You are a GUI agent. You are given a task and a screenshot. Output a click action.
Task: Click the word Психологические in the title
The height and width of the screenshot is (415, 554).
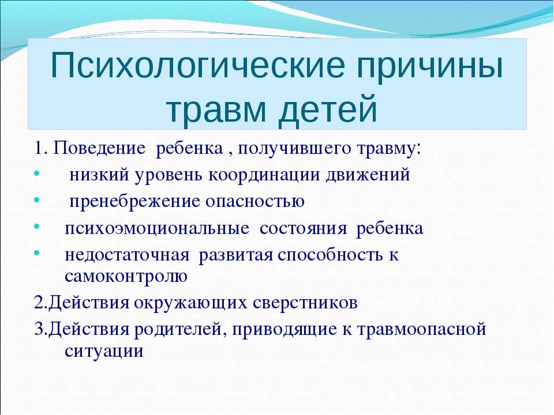(198, 66)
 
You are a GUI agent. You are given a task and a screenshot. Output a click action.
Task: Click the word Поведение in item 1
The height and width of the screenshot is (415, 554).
(99, 148)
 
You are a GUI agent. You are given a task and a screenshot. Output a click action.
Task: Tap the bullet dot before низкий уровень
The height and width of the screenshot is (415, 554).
(37, 173)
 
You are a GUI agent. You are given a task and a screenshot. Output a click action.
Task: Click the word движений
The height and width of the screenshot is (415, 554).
(368, 175)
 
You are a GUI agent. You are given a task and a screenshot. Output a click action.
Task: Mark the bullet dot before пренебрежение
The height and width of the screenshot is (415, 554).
(37, 200)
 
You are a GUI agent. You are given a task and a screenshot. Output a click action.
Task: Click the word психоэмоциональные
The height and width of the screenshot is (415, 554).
(157, 229)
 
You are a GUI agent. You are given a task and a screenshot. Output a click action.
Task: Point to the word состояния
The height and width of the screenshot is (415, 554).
(303, 229)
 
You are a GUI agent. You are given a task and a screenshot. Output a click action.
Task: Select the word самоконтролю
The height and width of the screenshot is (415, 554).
(126, 277)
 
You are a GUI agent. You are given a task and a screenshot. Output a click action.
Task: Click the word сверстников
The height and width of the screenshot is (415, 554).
(305, 303)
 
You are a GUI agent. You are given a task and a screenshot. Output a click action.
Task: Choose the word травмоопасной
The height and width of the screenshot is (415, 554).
(421, 330)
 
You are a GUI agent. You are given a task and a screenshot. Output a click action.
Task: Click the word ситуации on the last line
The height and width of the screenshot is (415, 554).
(104, 352)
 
